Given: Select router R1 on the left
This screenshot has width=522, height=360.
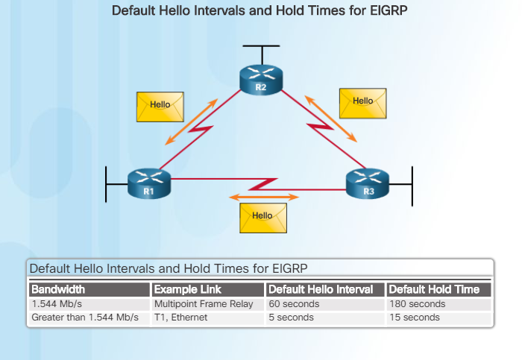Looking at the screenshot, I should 148,182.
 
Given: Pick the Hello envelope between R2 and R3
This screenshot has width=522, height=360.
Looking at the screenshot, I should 362,102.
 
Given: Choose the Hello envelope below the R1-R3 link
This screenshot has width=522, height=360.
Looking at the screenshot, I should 262,216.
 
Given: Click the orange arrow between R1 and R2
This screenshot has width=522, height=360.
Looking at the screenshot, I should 192,121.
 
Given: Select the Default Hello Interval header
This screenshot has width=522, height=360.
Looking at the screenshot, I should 324,289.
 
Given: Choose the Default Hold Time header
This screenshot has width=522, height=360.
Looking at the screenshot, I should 438,289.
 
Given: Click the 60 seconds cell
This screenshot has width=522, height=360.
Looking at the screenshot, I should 294,304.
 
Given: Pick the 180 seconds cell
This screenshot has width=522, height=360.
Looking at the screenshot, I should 417,304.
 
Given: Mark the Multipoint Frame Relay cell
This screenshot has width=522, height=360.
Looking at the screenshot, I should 204,304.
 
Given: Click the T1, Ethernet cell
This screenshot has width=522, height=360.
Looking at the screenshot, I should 181,318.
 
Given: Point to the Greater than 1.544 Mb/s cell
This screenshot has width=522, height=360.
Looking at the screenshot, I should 85,318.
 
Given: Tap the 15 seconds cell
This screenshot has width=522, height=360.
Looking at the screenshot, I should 415,318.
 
